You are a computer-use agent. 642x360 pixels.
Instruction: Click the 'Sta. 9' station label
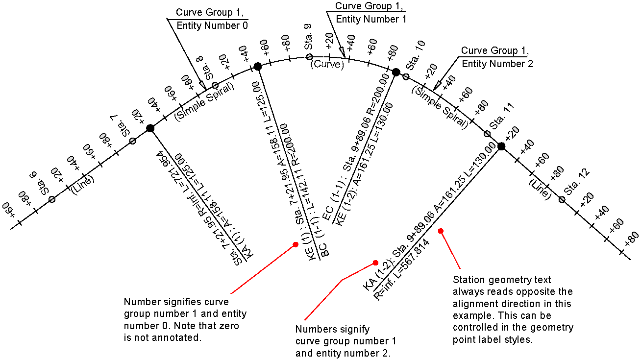(x=308, y=37)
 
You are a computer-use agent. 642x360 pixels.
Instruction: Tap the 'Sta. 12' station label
(x=577, y=182)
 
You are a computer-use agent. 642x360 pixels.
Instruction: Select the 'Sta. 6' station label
(x=41, y=183)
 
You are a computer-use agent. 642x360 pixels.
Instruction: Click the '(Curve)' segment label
(x=327, y=64)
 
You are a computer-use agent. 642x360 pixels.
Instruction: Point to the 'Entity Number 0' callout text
(x=212, y=25)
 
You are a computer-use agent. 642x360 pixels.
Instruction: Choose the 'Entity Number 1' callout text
(x=371, y=19)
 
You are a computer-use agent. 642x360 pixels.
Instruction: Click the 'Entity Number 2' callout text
(x=497, y=63)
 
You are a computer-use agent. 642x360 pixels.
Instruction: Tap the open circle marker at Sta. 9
(x=309, y=57)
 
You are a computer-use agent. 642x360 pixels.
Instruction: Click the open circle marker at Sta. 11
(x=487, y=134)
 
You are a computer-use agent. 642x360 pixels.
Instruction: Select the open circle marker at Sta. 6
(x=52, y=199)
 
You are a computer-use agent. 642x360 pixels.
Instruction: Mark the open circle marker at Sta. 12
(x=562, y=199)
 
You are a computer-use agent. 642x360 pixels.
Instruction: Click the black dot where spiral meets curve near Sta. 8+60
(x=258, y=67)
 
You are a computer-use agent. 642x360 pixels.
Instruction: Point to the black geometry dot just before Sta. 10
(x=396, y=72)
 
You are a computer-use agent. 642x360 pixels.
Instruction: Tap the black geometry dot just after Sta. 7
(x=150, y=128)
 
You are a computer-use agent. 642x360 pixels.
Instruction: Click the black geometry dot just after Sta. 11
(x=501, y=146)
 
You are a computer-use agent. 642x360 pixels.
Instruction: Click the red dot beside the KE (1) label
(x=296, y=244)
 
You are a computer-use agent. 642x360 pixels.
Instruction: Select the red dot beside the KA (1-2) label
(x=375, y=263)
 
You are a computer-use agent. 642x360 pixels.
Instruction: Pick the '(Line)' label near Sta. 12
(x=540, y=190)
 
